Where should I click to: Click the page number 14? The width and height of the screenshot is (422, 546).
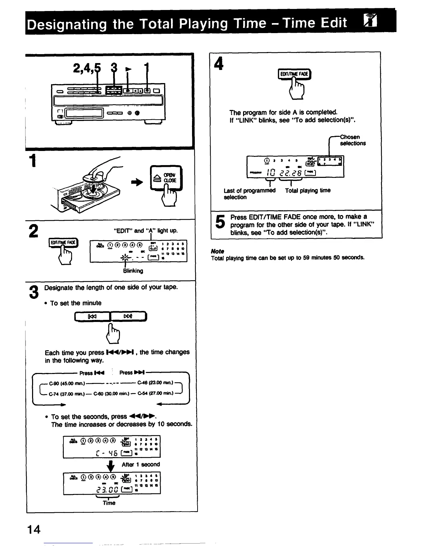click(x=35, y=529)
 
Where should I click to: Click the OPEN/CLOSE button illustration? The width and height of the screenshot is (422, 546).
click(x=167, y=178)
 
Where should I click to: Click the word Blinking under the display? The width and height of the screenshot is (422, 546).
click(x=133, y=271)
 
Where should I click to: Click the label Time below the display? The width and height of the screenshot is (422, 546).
click(x=109, y=503)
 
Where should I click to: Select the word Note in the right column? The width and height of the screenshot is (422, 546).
click(x=218, y=251)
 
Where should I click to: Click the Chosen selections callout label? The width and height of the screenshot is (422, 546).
click(x=352, y=140)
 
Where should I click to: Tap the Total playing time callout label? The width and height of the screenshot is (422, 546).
click(x=308, y=190)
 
